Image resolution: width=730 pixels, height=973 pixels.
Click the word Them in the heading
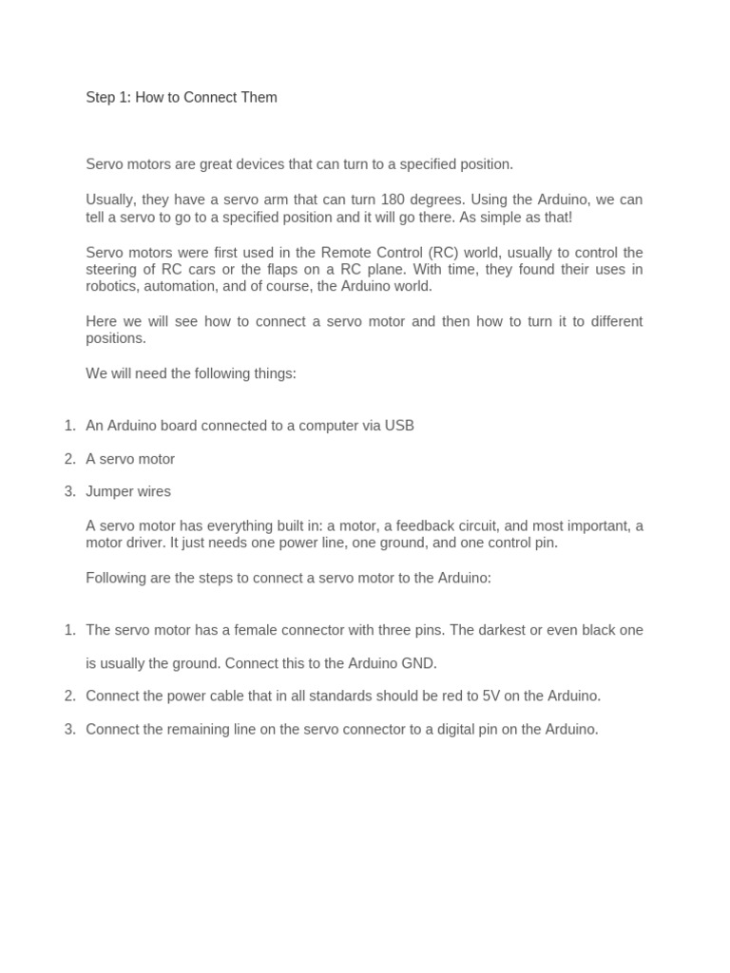click(x=259, y=97)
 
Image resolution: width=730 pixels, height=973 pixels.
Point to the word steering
click(x=112, y=269)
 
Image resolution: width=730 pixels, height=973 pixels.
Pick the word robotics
click(x=112, y=286)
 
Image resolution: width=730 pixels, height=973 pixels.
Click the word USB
click(x=399, y=426)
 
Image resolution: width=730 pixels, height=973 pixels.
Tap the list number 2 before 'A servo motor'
click(x=69, y=459)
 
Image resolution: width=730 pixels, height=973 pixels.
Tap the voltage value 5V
click(x=490, y=696)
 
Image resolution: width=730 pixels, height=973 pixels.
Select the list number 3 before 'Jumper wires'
click(x=69, y=491)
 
